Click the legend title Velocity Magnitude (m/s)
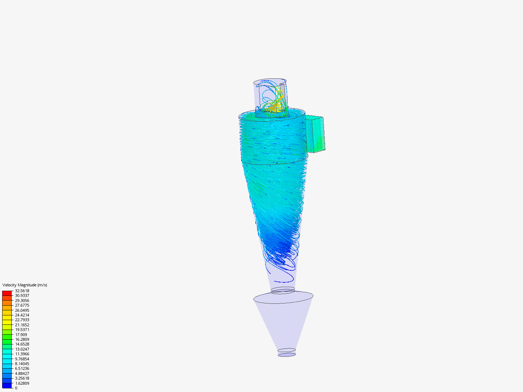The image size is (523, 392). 25,285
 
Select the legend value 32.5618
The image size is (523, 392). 22,291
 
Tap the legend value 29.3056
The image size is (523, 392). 22,301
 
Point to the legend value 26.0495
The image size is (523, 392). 22,310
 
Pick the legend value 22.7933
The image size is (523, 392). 22,320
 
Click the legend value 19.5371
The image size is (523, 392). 22,330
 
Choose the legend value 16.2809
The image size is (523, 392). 22,339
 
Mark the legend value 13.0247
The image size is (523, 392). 22,349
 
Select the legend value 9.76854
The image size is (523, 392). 22,359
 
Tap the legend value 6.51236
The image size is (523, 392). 22,368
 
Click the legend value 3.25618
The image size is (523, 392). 22,378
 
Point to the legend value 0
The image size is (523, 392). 16,388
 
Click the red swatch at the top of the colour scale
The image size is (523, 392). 7,293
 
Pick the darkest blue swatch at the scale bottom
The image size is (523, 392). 7,385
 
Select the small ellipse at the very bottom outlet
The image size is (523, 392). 287,355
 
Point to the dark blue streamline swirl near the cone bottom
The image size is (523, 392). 281,250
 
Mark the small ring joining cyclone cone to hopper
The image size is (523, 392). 283,290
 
